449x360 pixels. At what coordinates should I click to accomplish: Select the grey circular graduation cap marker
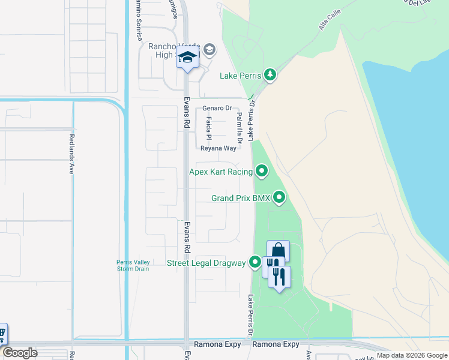[209, 49]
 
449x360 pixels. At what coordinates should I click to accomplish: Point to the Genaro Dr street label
[217, 108]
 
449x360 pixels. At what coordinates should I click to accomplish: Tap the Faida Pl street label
[209, 128]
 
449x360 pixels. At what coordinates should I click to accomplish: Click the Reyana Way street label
[218, 148]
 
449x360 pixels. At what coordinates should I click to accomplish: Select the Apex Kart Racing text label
[221, 172]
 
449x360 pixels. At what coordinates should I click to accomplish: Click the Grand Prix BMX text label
[241, 197]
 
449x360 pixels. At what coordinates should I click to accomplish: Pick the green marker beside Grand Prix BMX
[279, 197]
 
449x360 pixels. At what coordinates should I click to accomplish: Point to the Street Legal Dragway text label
[207, 263]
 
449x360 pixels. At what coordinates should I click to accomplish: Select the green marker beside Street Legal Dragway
[256, 262]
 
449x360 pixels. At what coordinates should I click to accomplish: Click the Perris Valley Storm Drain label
[131, 265]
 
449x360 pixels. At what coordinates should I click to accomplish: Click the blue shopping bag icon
[278, 250]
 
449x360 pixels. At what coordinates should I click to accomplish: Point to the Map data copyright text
[412, 355]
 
